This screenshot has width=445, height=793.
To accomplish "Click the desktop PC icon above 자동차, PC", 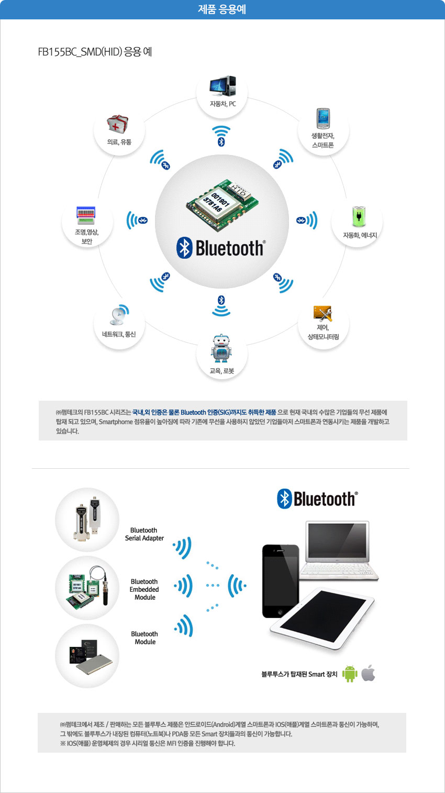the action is click(222, 86).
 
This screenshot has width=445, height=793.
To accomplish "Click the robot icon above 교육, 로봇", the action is click(221, 348).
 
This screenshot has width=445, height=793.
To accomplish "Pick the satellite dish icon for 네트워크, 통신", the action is click(119, 315).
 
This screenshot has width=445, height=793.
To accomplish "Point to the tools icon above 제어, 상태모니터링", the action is click(322, 313).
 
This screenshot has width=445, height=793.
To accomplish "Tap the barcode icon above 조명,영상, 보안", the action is click(86, 215).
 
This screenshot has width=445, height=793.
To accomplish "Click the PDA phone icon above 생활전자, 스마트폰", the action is click(323, 118).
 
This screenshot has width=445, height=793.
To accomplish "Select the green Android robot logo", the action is click(350, 674).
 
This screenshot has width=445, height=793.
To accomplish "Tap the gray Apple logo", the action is click(368, 673).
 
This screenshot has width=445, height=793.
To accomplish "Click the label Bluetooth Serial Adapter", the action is click(144, 534).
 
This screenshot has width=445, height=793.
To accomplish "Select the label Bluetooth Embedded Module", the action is click(144, 589).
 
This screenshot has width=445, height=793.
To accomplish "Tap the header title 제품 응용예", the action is click(222, 9).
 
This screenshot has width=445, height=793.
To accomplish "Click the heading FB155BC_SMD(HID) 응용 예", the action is click(95, 52).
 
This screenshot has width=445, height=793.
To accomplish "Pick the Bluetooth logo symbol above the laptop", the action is click(284, 499).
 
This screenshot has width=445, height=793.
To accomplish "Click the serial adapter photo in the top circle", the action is click(87, 519).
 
